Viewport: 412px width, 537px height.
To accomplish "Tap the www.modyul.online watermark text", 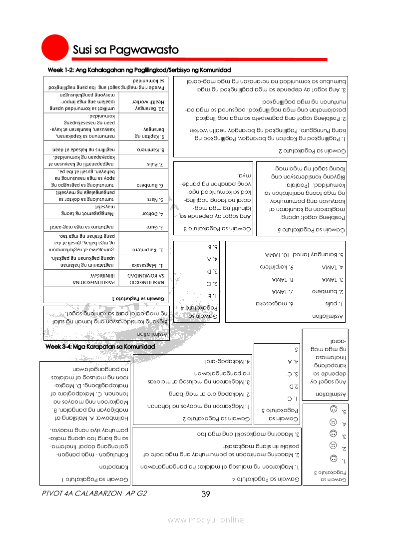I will click(206, 520).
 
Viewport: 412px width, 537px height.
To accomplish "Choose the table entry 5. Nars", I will click(144, 200).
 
